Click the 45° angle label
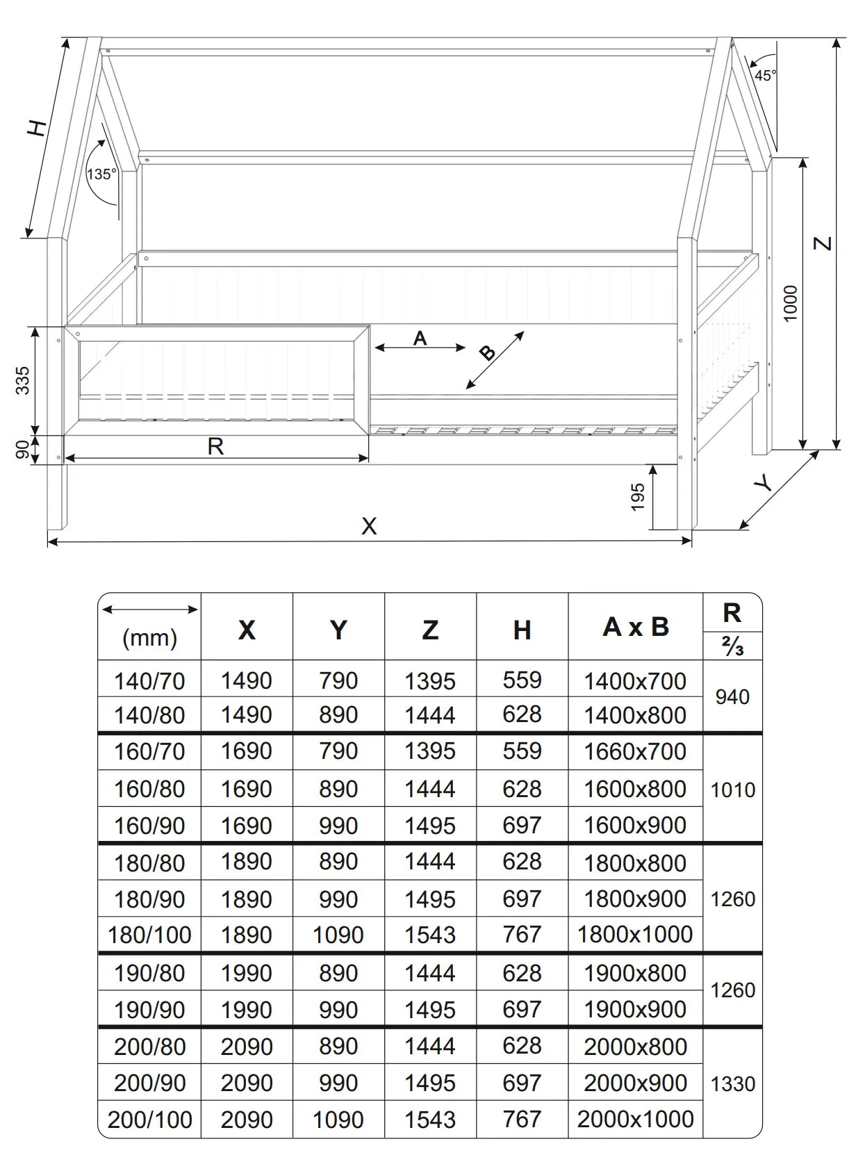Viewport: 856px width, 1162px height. click(x=765, y=75)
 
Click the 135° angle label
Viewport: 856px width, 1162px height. click(x=101, y=174)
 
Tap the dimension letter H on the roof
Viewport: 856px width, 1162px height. click(x=38, y=128)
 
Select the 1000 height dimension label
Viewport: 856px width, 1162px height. click(x=791, y=303)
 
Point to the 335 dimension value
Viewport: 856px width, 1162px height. click(x=23, y=381)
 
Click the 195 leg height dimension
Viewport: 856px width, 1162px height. click(x=638, y=497)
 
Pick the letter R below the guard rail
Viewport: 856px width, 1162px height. click(x=215, y=446)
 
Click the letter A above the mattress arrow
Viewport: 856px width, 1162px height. click(x=420, y=338)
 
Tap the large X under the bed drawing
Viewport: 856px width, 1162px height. click(x=369, y=526)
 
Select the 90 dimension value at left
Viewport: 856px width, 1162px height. click(x=23, y=450)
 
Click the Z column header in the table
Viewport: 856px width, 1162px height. click(x=430, y=630)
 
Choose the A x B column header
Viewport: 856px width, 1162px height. click(x=635, y=627)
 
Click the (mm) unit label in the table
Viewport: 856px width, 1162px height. click(x=149, y=637)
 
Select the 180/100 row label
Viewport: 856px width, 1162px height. click(x=149, y=935)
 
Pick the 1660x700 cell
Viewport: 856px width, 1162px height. click(x=635, y=751)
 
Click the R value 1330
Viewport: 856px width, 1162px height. click(x=732, y=1083)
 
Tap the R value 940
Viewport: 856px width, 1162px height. click(x=732, y=696)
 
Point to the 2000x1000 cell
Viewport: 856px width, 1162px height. click(x=635, y=1119)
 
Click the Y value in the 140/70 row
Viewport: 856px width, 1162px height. click(x=338, y=680)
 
